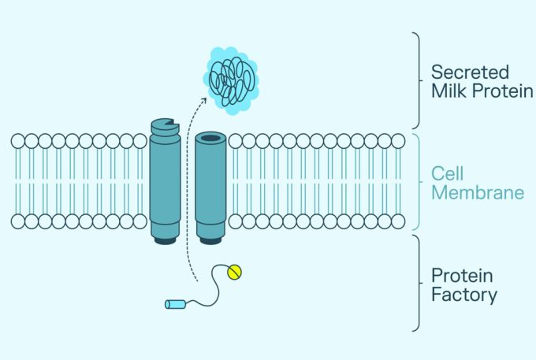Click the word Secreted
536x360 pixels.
469,72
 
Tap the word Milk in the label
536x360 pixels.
446,91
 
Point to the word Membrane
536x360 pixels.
477,193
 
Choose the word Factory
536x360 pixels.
463,295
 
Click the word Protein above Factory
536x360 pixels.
462,276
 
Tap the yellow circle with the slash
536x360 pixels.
234,272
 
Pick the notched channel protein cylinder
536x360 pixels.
164,181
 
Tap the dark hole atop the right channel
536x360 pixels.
210,138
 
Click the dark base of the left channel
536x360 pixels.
164,239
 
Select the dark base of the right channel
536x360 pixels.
210,239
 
